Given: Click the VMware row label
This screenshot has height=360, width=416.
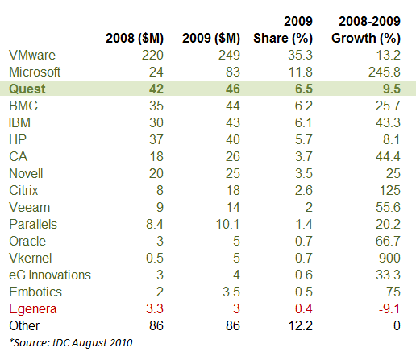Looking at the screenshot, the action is pos(32,55).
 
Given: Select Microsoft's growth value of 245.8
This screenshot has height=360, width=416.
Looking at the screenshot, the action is pos(385,72).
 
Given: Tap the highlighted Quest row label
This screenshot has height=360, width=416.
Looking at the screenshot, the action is pos(27,89).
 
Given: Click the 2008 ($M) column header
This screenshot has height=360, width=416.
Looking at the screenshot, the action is pos(135,39).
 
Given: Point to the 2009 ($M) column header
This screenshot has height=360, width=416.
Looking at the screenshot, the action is pos(211,39).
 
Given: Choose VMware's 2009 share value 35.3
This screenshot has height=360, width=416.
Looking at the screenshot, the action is pos(300,55).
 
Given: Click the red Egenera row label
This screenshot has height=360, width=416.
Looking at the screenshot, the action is pos(33,309).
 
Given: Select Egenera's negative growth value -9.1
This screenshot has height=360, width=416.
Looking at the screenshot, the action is pos(389,308).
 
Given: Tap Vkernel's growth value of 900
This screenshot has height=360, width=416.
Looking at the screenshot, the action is pos(389,258).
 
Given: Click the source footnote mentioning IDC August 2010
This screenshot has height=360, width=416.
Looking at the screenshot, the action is pos(71,343).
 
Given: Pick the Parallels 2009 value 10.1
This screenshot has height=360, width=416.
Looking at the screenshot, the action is pos(227,224).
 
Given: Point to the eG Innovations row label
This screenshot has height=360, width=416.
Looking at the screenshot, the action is pos(50,275).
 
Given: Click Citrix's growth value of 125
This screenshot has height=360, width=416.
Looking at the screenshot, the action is pos(389,190).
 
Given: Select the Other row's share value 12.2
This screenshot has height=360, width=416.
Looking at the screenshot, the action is pos(300,325).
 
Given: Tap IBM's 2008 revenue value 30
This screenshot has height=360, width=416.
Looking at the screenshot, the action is pos(156,122).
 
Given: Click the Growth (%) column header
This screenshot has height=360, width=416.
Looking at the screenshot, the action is pos(366,39).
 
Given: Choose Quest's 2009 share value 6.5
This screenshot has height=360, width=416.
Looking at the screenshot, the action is pos(304,89).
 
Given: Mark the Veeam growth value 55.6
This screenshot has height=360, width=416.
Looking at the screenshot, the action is pos(388,207).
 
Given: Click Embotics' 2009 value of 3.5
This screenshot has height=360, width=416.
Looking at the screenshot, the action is pos(231,292).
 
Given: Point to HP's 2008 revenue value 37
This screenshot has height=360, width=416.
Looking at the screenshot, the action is pos(156,139).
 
